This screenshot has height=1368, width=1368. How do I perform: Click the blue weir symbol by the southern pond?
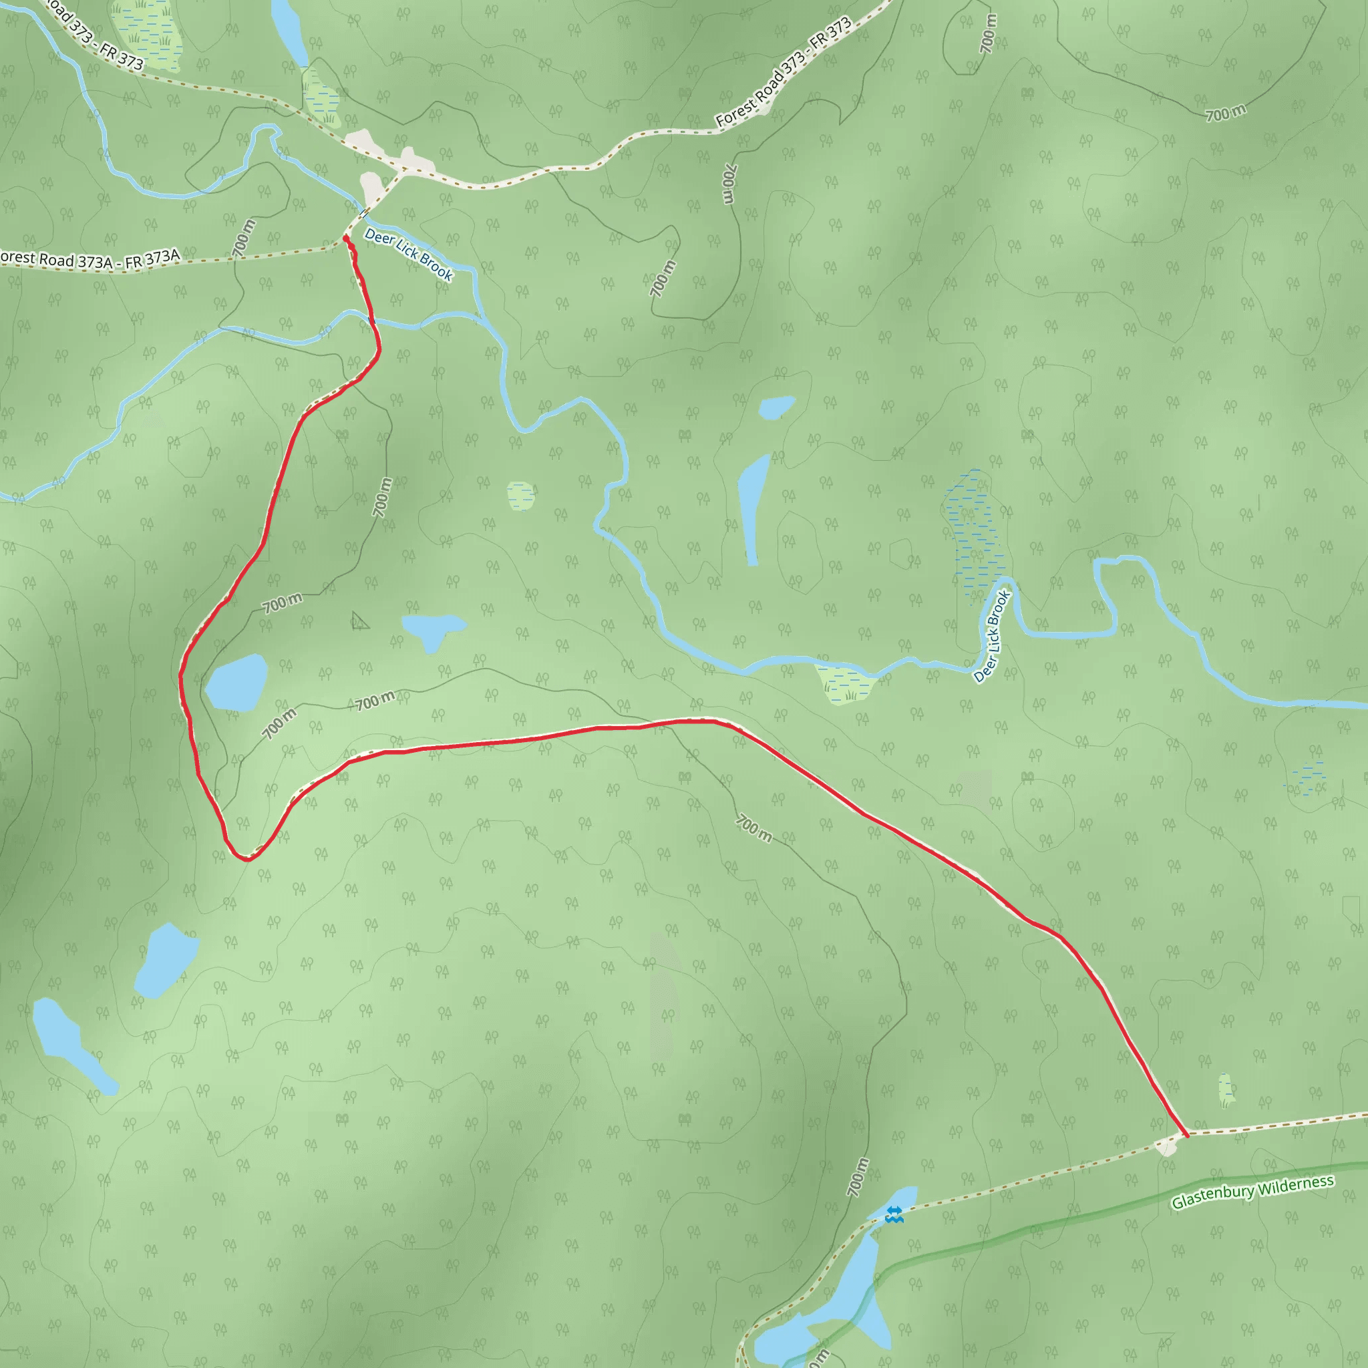click(x=894, y=1216)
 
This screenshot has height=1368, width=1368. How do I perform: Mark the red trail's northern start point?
click(x=345, y=239)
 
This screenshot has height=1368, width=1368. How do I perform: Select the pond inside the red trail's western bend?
click(x=236, y=683)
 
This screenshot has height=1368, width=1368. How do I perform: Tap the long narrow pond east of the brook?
click(x=753, y=507)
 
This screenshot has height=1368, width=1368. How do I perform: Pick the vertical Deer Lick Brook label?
click(x=992, y=637)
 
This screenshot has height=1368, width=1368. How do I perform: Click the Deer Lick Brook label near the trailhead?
click(x=409, y=254)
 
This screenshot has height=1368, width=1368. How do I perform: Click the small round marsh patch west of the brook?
click(x=520, y=496)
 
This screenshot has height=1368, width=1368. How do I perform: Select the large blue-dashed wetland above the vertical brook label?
click(x=977, y=527)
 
